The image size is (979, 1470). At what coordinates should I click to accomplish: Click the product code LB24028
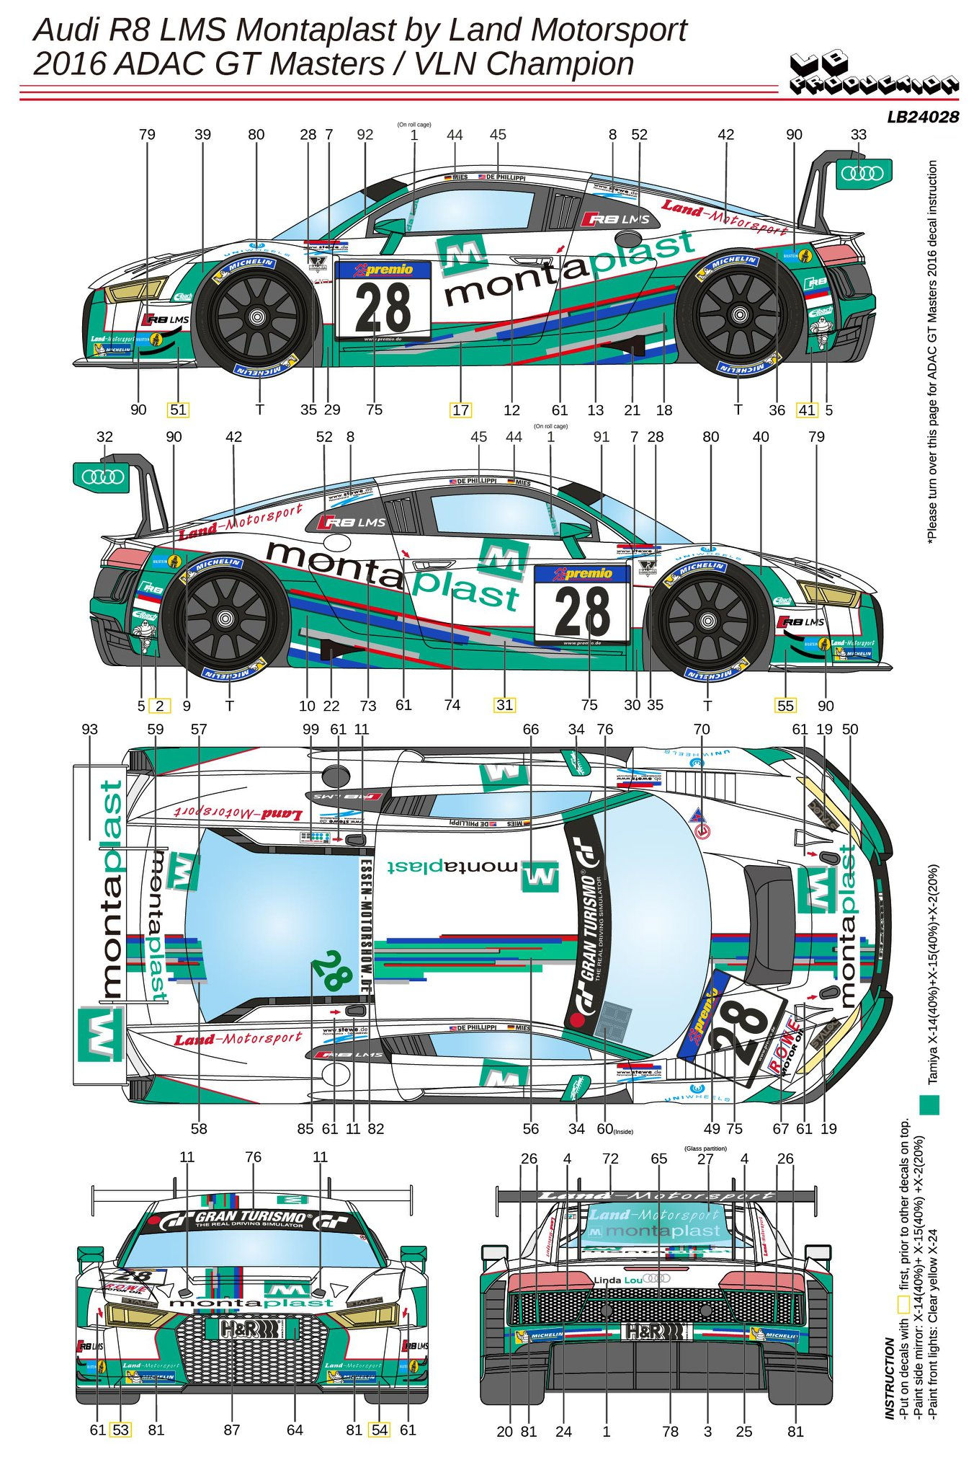click(923, 117)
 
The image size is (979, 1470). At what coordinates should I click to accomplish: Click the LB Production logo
click(874, 75)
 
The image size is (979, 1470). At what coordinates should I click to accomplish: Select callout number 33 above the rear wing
click(858, 135)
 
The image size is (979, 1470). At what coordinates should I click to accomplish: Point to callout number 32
click(104, 437)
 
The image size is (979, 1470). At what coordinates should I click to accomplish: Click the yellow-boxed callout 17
click(460, 410)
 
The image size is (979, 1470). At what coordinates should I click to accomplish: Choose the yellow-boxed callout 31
click(504, 705)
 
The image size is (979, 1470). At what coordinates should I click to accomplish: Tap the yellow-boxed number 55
click(785, 706)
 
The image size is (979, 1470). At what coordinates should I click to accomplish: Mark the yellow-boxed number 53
click(120, 1430)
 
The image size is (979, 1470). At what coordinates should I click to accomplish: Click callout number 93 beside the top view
click(89, 730)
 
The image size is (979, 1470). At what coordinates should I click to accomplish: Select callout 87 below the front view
click(231, 1430)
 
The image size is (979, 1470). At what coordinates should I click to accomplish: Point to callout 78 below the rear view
click(670, 1432)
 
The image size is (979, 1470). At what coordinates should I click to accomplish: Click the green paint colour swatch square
click(930, 1105)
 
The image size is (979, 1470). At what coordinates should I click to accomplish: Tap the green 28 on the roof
click(332, 970)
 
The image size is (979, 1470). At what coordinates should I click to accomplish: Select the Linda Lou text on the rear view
click(617, 1280)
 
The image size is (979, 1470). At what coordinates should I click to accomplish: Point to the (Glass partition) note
click(705, 1148)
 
